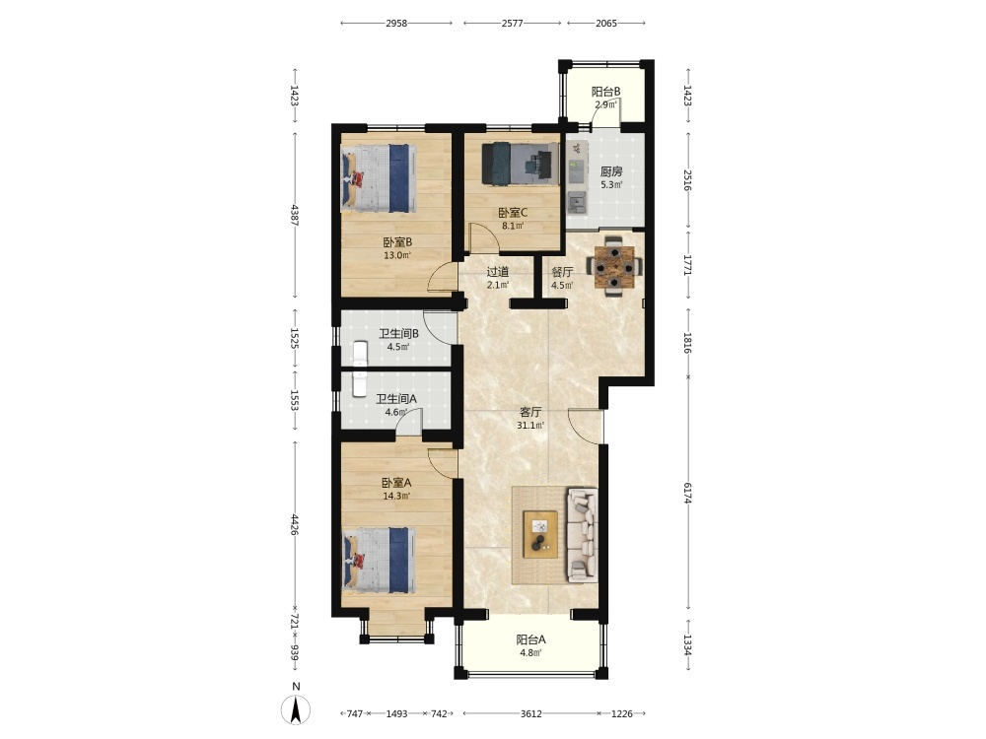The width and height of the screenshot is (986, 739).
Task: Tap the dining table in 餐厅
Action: coord(615,267)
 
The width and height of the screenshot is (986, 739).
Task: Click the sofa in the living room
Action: coord(582,534)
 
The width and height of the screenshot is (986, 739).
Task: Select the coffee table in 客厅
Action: coord(540,534)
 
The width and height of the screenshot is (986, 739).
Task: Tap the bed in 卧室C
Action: coord(520,164)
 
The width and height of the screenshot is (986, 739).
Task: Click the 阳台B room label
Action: coord(606,91)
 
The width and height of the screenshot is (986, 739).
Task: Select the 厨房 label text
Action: coord(611,170)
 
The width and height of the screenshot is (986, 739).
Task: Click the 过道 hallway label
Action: coord(498,272)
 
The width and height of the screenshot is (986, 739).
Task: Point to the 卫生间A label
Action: coord(396,399)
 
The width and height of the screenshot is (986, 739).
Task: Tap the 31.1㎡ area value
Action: coord(530,426)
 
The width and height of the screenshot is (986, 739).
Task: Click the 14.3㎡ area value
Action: coord(396,496)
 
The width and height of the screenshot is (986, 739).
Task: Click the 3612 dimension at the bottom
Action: coord(531,713)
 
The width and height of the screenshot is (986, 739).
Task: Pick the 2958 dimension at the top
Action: coord(396,24)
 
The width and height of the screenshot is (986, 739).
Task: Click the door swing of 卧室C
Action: coord(486,236)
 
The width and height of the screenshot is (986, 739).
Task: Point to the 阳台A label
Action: coord(530,639)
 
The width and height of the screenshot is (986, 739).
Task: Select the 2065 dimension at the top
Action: coord(606,24)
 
